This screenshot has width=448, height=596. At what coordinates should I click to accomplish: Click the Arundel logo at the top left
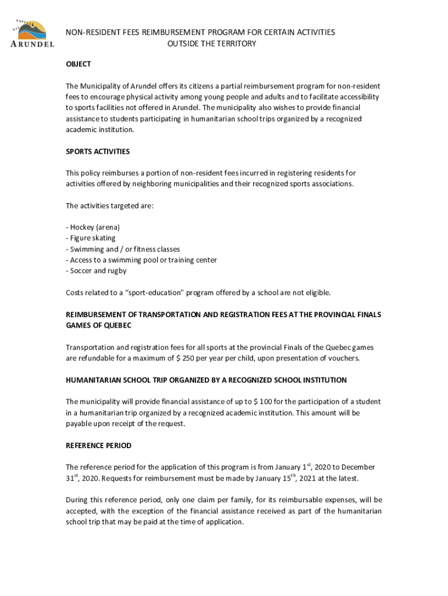(33, 34)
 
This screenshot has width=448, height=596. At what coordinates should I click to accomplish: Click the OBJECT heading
(78, 64)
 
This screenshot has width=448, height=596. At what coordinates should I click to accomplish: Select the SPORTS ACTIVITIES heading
(98, 151)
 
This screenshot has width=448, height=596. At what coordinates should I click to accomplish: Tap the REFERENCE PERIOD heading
(98, 446)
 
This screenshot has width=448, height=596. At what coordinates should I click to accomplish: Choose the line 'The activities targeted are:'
(109, 205)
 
